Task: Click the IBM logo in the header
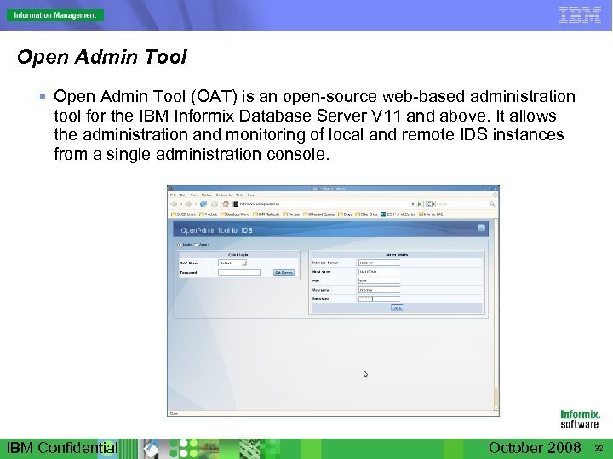(580, 14)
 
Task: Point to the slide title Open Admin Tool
(102, 58)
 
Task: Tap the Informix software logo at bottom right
(580, 418)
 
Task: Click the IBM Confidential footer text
(62, 448)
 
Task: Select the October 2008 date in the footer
(535, 448)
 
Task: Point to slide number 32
(599, 449)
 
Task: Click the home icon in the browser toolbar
(226, 204)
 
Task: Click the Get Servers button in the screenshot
(283, 273)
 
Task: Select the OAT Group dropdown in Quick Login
(232, 263)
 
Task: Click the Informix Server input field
(379, 263)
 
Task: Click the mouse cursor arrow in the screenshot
(365, 374)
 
